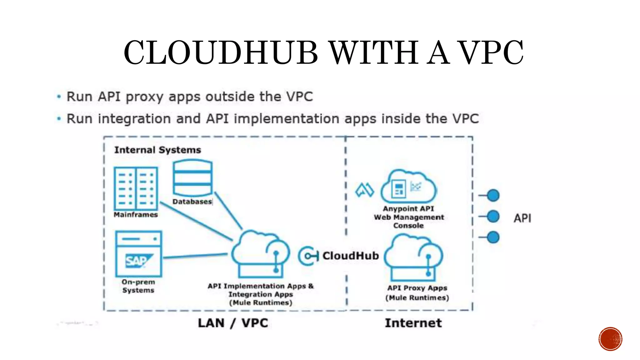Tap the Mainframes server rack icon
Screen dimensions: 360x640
136,188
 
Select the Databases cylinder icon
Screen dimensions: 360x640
192,178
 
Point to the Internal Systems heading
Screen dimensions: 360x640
157,150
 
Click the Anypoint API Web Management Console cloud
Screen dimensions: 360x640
408,187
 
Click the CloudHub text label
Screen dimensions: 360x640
351,256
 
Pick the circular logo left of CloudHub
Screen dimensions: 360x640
308,256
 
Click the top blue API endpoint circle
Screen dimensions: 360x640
493,196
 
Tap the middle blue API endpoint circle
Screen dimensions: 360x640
493,216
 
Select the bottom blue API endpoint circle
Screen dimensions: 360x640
493,237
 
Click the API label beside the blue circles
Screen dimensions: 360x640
522,218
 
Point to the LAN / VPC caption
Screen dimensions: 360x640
233,323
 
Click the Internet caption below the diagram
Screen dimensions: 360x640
413,323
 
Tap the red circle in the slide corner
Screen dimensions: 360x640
610,339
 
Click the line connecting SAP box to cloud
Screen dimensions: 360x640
195,256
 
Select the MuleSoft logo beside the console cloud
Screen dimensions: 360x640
364,190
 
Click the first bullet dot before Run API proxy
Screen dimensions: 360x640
59,97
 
